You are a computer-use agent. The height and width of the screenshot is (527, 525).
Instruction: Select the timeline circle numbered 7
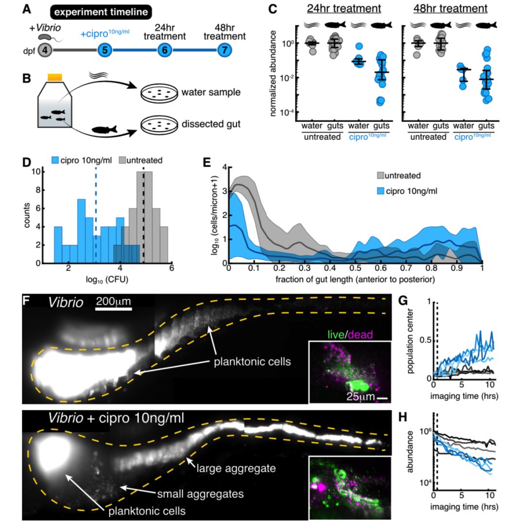[224, 50]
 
